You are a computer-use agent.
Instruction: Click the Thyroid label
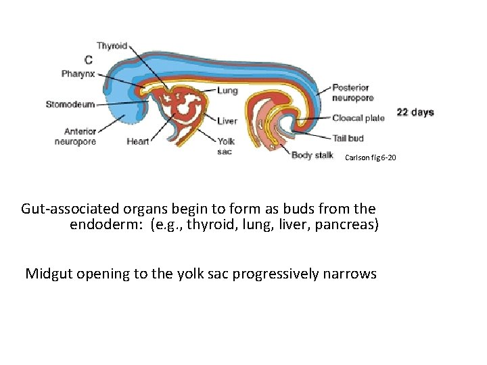click(x=112, y=46)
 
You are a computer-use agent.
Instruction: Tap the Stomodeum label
click(x=70, y=104)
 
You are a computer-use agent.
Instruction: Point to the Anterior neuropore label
click(x=76, y=137)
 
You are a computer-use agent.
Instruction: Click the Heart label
click(x=137, y=142)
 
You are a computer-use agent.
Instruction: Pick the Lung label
click(x=227, y=91)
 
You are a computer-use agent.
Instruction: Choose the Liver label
click(x=227, y=122)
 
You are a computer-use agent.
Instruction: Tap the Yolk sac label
click(x=226, y=147)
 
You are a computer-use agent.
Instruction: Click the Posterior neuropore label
click(x=350, y=93)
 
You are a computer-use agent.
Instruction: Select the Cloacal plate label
click(x=358, y=118)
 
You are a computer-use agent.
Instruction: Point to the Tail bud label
click(x=348, y=139)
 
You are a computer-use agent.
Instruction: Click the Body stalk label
click(x=312, y=155)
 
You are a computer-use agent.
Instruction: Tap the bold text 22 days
click(x=415, y=112)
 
